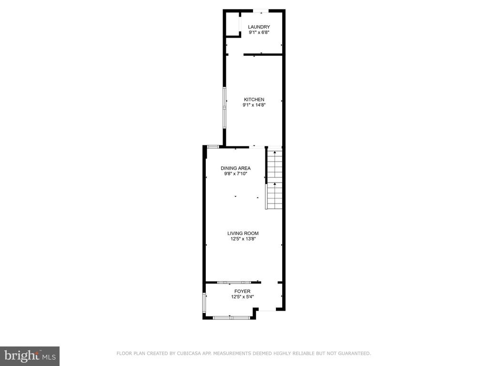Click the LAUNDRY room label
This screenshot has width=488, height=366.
pos(259,27)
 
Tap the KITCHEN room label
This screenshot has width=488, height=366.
pos(254,100)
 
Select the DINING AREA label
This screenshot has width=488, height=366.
pos(235,168)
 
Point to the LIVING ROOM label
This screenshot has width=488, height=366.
pos(243,234)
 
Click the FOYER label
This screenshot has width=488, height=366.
pos(243,291)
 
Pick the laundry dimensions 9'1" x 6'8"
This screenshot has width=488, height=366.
pos(259,32)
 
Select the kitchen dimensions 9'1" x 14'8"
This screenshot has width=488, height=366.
pos(254,105)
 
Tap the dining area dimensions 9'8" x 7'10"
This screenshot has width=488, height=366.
pos(235,174)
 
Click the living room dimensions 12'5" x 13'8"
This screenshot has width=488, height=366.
pos(243,239)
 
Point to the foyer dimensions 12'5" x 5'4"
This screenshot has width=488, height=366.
pos(243,297)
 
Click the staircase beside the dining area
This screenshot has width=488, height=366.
pos(274,180)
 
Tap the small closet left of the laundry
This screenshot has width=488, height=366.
pos(233,25)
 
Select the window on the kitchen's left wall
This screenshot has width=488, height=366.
pos(224,108)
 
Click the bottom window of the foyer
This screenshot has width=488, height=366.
pos(231,318)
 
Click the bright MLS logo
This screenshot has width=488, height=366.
pos(30,356)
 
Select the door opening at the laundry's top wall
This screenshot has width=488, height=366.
pos(261,11)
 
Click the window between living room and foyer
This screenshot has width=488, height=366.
pos(234,283)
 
